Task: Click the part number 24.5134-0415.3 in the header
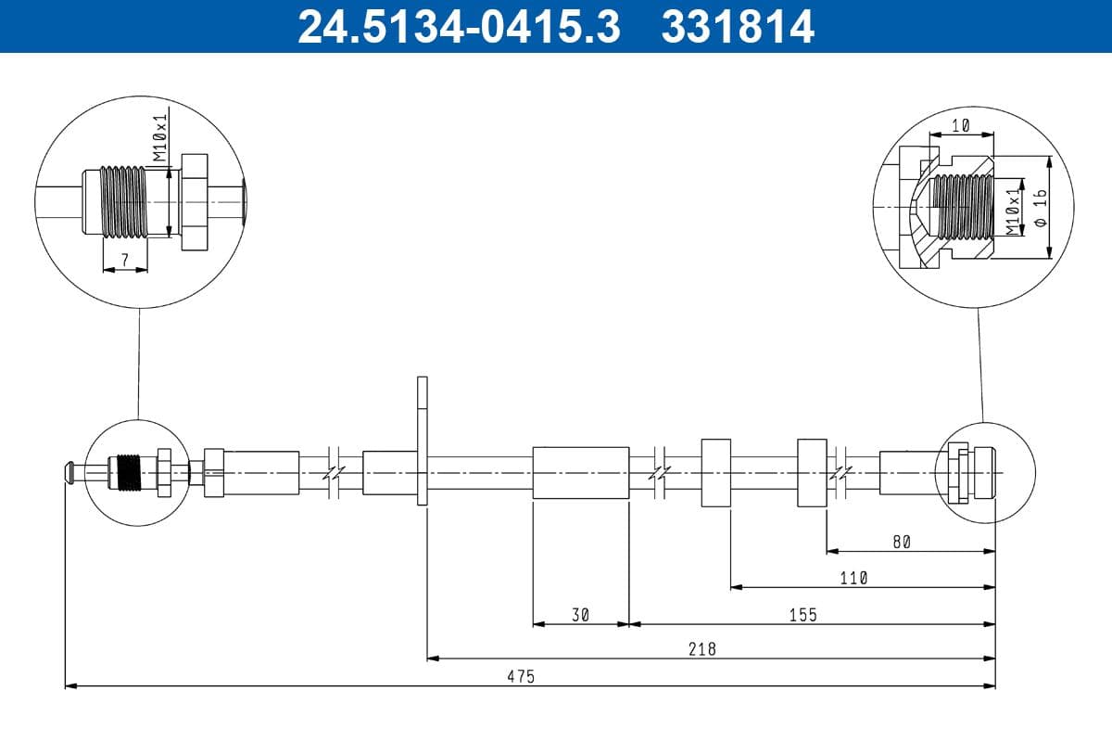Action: coord(458,26)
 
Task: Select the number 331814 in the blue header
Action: coord(737,26)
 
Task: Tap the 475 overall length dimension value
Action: coord(521,677)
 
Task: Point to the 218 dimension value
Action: coord(702,649)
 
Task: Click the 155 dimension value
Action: coord(802,615)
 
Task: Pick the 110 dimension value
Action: coord(853,578)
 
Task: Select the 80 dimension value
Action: coord(902,543)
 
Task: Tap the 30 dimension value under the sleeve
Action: coord(581,615)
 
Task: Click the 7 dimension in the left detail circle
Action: coord(125,261)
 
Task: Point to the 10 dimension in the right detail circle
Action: coord(961,126)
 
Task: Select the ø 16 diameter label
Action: coord(1040,209)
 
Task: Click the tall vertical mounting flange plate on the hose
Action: coord(423,441)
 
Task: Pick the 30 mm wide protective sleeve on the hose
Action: coord(581,473)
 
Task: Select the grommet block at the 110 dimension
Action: coord(715,473)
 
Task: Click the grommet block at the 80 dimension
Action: coord(812,473)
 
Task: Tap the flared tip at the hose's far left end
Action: coord(69,471)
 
